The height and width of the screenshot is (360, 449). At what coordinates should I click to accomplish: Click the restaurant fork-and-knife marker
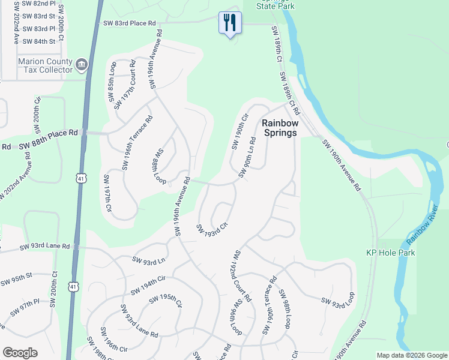coord(230,23)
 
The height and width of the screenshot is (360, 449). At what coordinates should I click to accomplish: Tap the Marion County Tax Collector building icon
coord(81,64)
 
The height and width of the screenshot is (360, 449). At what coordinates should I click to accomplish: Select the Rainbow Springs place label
coord(279,127)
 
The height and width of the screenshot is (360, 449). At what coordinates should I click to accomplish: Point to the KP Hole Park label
coord(391,253)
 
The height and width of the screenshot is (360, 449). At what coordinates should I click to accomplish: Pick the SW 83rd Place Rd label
coord(130,23)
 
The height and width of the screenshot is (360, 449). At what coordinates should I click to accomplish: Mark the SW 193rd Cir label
coord(212,229)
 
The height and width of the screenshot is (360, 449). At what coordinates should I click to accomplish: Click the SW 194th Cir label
coord(145,283)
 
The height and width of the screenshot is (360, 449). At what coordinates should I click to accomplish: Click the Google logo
coord(20,353)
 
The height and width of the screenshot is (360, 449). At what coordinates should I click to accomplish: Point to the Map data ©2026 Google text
coord(412,355)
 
